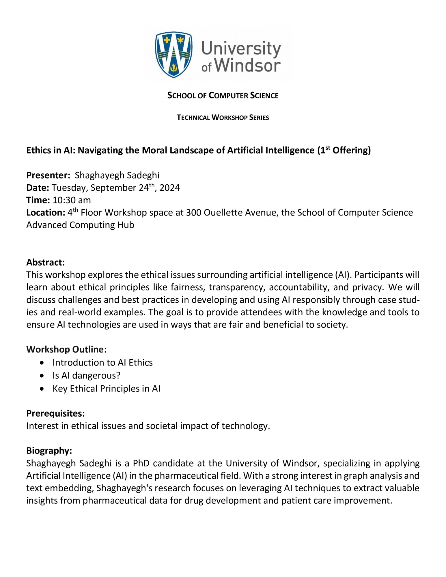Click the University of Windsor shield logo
(173, 55)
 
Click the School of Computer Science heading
(223, 95)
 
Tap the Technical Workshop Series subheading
(223, 117)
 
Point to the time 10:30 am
(72, 200)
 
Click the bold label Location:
(46, 213)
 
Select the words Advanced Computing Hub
(80, 225)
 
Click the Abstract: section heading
(46, 262)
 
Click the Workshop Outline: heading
(66, 349)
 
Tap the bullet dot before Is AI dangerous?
(42, 376)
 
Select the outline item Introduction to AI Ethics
(102, 363)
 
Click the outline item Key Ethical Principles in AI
(106, 389)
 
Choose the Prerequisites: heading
(55, 413)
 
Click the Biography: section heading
(49, 451)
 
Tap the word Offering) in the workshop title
(351, 150)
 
